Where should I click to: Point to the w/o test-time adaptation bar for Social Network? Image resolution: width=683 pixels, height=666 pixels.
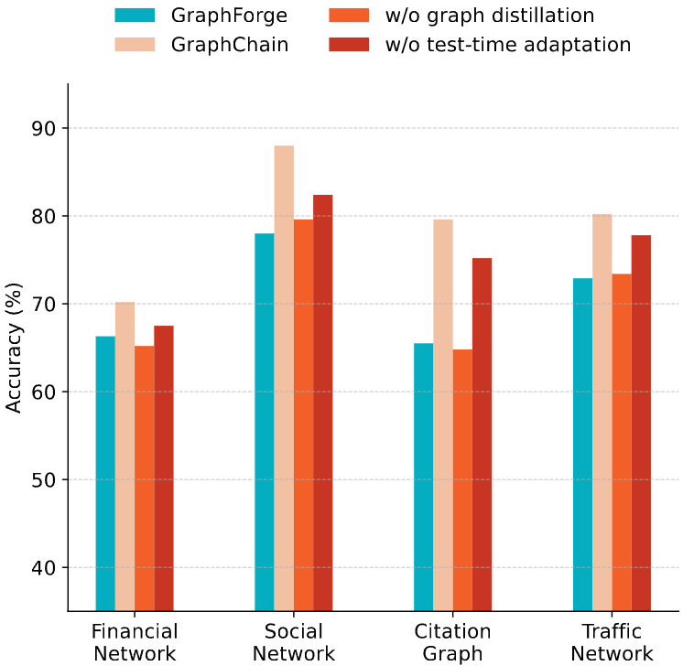pyautogui.click(x=323, y=403)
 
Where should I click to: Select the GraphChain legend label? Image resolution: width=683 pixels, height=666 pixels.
pyautogui.click(x=230, y=44)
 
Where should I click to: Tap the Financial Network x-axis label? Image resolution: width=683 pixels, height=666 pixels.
pyautogui.click(x=135, y=642)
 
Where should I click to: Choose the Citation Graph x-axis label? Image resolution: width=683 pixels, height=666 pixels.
pyautogui.click(x=453, y=642)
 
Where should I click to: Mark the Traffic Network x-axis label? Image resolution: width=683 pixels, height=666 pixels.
pyautogui.click(x=612, y=642)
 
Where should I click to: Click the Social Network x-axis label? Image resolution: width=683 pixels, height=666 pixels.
pyautogui.click(x=294, y=642)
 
